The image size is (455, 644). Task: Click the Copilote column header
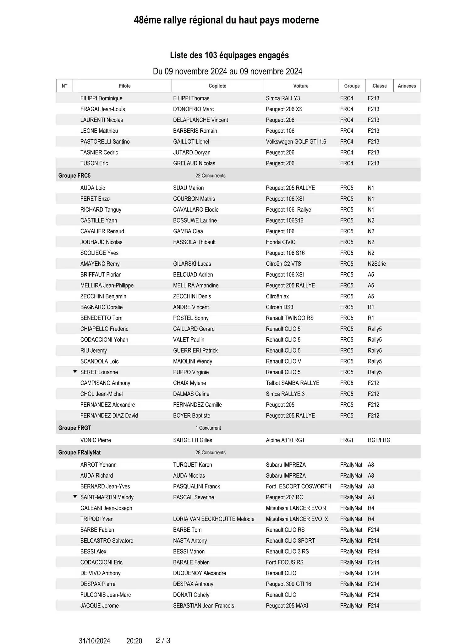click(x=217, y=86)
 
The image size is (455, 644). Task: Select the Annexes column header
click(x=407, y=86)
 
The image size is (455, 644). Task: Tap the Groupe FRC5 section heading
click(x=74, y=175)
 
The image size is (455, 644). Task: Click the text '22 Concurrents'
click(x=210, y=175)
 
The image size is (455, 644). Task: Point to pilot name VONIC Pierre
click(x=96, y=440)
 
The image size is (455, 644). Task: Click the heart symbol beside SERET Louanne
click(x=75, y=371)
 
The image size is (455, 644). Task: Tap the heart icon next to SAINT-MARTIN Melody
click(x=75, y=497)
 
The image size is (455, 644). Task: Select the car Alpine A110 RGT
click(x=285, y=440)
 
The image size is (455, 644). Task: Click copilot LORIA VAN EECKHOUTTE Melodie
click(x=214, y=519)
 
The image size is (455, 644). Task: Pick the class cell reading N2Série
click(x=377, y=264)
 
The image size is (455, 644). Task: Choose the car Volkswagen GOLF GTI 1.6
click(x=296, y=142)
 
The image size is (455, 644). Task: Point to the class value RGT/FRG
click(x=379, y=440)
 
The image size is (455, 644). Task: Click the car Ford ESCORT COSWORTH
click(x=298, y=486)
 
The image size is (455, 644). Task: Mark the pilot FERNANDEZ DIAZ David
click(x=109, y=415)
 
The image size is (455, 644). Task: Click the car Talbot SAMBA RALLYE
click(x=293, y=383)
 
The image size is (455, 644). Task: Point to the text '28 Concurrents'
click(x=210, y=452)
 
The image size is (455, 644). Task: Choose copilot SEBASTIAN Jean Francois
click(x=204, y=606)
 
